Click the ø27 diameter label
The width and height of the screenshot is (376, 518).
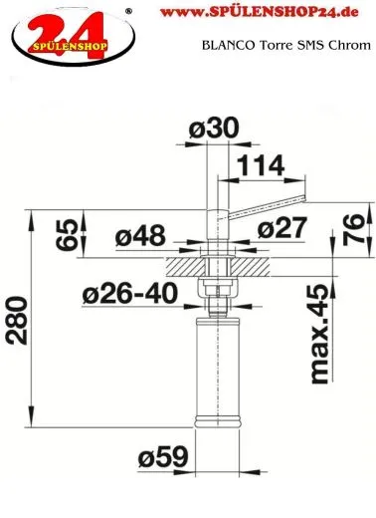point(282,227)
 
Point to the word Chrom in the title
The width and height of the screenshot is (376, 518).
point(350,45)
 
